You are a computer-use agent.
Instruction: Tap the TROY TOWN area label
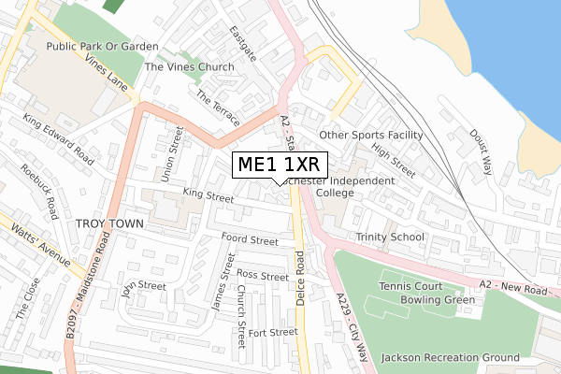[108, 224]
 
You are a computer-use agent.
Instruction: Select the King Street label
[208, 196]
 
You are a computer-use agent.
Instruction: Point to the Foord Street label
[250, 240]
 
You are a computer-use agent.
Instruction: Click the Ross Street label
[262, 276]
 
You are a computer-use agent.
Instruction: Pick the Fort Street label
[272, 332]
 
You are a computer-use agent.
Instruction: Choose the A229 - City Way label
[352, 327]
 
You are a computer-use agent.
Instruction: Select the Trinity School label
[389, 237]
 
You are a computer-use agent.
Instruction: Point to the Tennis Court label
[416, 285]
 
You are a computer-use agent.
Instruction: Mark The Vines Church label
[189, 67]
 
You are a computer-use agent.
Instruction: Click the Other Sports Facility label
[371, 135]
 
